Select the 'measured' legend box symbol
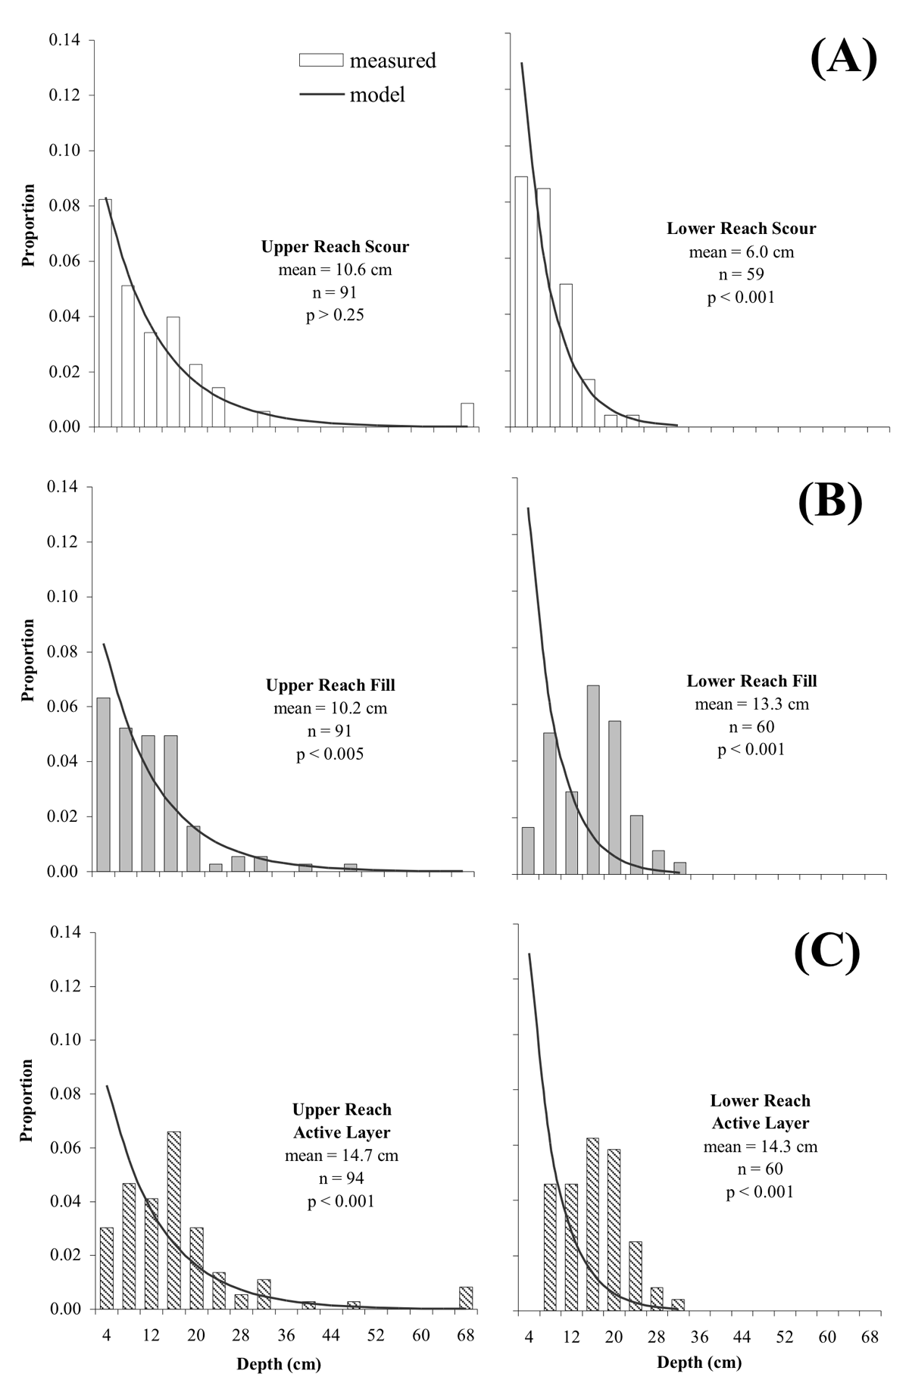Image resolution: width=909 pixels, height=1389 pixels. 322,60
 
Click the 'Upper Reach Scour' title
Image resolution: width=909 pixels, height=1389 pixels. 335,247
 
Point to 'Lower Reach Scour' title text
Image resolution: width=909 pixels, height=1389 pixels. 741,229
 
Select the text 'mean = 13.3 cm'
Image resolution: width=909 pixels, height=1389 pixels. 751,704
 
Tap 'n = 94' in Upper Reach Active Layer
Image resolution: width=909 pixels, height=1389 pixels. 342,1178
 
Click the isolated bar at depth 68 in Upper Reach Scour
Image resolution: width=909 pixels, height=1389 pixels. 467,415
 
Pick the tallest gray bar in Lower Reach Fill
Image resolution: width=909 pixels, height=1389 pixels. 593,779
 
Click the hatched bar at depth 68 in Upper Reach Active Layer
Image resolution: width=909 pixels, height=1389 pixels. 466,1298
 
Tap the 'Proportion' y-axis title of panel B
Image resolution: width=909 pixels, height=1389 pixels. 28,660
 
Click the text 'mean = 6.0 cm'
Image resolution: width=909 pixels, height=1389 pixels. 741,252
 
